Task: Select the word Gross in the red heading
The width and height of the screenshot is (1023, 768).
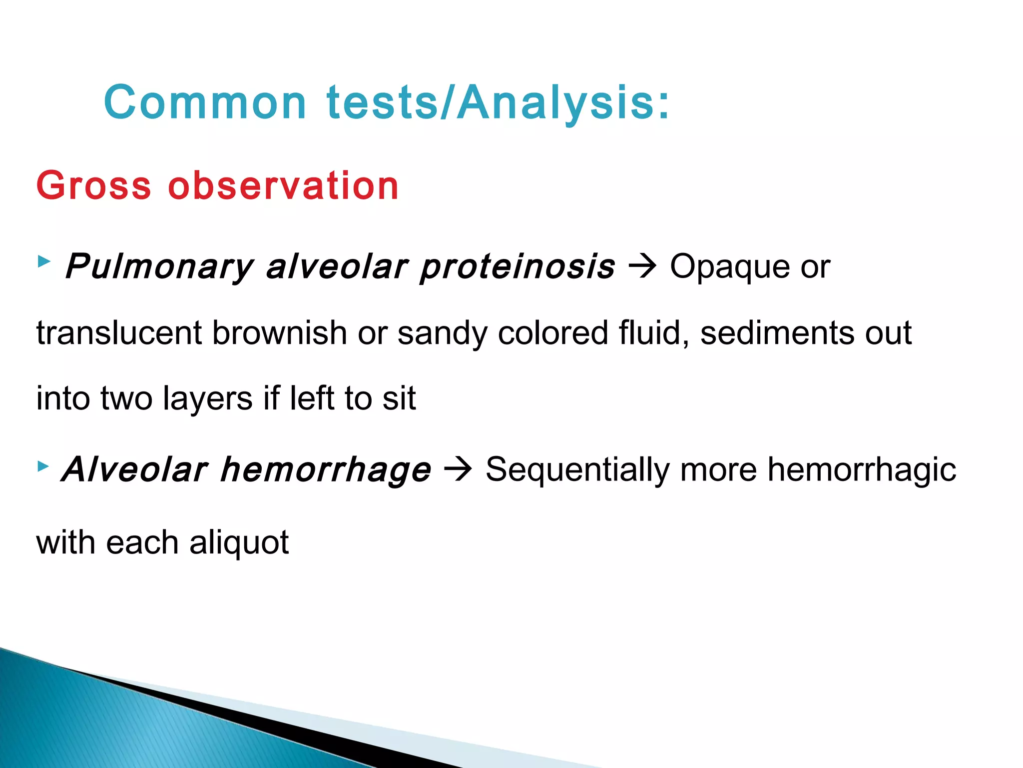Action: point(93,186)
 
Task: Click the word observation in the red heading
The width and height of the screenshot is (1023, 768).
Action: point(283,186)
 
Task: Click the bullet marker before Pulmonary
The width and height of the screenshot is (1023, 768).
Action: point(44,261)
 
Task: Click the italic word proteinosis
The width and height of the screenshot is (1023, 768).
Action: point(517,266)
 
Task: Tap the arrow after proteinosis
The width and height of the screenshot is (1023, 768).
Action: point(642,266)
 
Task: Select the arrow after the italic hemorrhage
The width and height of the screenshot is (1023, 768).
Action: point(458,469)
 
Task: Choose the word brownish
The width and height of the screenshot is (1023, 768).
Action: point(279,333)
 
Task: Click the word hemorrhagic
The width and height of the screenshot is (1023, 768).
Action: point(862,470)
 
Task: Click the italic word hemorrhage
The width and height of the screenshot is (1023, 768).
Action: point(326,470)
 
